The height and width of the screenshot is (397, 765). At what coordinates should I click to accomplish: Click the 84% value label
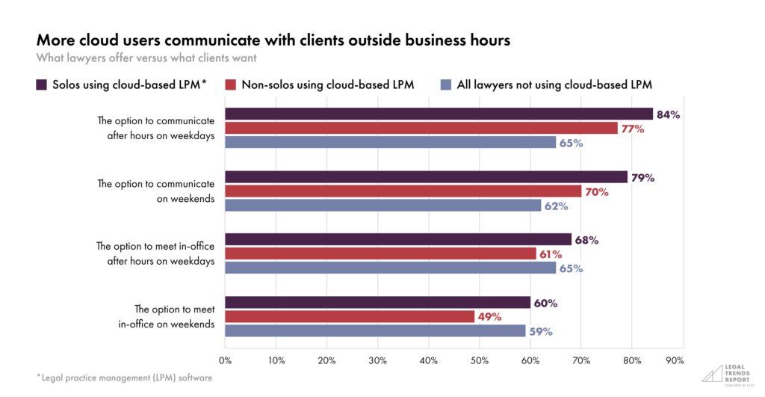click(669, 114)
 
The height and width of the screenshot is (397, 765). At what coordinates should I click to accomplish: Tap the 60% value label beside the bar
click(546, 303)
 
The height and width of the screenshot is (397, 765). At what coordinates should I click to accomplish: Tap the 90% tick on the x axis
click(675, 360)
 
